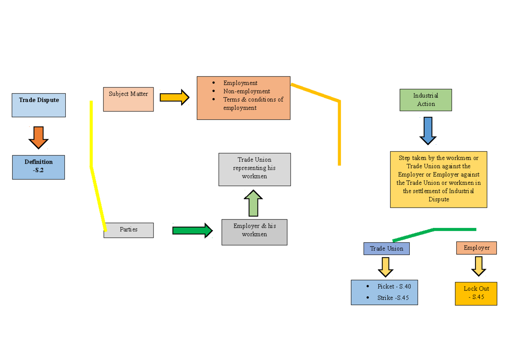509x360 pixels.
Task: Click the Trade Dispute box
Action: pyautogui.click(x=39, y=105)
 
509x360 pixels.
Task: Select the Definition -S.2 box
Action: pyautogui.click(x=39, y=167)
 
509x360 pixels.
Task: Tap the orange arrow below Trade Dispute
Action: pyautogui.click(x=39, y=137)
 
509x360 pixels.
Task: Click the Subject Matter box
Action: pyautogui.click(x=128, y=99)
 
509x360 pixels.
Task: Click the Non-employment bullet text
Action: pyautogui.click(x=246, y=91)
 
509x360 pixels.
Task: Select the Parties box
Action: pyautogui.click(x=129, y=230)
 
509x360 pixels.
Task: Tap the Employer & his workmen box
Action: pyautogui.click(x=254, y=232)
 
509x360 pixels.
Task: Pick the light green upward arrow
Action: pyautogui.click(x=253, y=203)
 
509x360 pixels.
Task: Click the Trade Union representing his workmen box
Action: pyautogui.click(x=255, y=169)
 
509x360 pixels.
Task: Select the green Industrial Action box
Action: pyautogui.click(x=425, y=100)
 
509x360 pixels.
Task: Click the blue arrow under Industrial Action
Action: pyautogui.click(x=428, y=130)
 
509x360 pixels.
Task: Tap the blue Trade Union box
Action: pyautogui.click(x=386, y=248)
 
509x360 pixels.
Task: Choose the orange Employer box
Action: pyautogui.click(x=476, y=248)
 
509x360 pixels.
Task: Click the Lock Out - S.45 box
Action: pyautogui.click(x=476, y=293)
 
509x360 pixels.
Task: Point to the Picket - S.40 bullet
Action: pyautogui.click(x=394, y=287)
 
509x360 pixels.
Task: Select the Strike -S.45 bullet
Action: pyautogui.click(x=393, y=298)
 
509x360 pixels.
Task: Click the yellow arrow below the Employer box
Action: pyautogui.click(x=478, y=266)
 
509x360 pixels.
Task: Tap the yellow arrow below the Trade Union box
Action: pyautogui.click(x=386, y=267)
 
